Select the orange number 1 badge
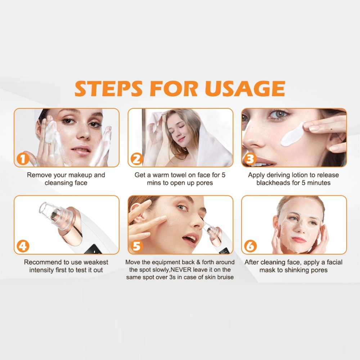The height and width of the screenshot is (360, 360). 22,159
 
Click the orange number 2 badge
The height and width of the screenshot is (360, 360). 136,159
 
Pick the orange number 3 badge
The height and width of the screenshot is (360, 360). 250,159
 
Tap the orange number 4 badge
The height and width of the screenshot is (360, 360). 22,246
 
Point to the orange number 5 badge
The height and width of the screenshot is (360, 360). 136,246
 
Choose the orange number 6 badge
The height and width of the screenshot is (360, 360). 250,246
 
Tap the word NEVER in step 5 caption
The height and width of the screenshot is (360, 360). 179,270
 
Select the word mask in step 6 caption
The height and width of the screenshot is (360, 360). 267,270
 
